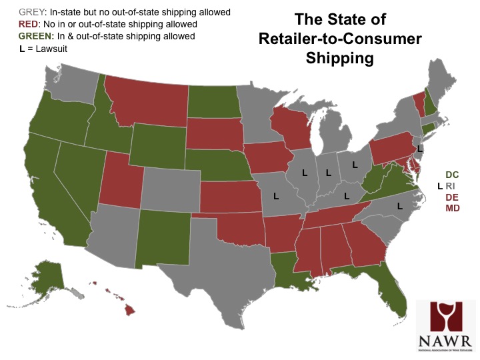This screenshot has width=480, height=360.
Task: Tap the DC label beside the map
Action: tap(452, 175)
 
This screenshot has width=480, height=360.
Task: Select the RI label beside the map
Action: tap(453, 187)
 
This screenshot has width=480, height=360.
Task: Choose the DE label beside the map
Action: tap(452, 198)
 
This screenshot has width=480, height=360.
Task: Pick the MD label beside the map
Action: tap(453, 209)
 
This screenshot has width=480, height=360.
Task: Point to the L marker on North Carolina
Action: tap(399, 206)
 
